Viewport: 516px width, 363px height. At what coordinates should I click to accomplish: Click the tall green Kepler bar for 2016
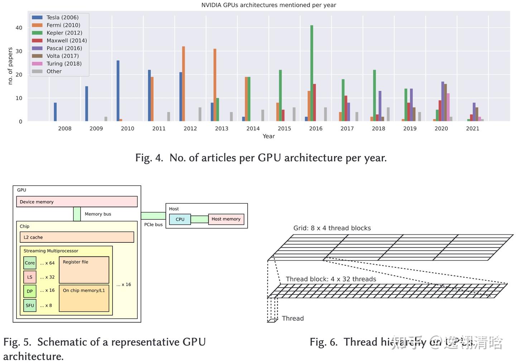(312, 73)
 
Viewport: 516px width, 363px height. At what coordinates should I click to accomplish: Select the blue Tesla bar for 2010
(118, 91)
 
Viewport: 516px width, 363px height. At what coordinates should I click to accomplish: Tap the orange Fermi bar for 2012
(183, 84)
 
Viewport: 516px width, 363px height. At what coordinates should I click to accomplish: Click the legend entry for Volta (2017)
(62, 56)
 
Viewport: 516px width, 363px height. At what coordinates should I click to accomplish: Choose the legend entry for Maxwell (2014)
(66, 40)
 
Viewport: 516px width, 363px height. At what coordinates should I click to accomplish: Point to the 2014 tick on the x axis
(253, 129)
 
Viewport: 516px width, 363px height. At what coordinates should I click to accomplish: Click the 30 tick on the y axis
(19, 51)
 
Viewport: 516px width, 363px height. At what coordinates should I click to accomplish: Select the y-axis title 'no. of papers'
(10, 66)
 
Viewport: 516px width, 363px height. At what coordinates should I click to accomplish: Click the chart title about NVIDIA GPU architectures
(268, 5)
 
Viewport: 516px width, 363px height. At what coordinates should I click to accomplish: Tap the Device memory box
(77, 202)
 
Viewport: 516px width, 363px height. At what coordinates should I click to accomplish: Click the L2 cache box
(77, 237)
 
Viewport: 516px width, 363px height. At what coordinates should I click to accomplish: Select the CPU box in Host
(180, 219)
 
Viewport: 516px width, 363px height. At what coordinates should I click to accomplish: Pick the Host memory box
(226, 219)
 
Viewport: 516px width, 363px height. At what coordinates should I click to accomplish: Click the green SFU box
(30, 305)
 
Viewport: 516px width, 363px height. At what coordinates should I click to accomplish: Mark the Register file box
(84, 270)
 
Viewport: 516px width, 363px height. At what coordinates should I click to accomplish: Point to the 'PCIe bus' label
(153, 224)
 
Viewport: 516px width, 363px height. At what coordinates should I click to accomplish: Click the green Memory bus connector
(77, 214)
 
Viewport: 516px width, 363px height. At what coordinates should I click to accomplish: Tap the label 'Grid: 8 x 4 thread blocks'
(332, 228)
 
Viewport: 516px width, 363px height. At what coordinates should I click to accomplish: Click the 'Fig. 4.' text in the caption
(149, 158)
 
